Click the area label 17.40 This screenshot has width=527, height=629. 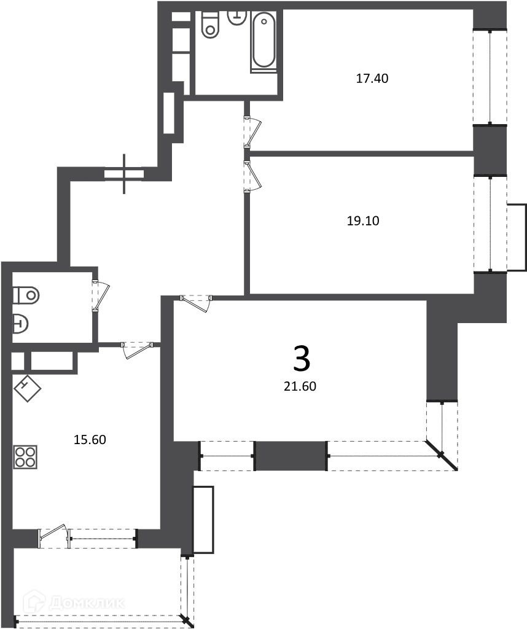[x=372, y=78]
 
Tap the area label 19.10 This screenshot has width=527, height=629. [x=363, y=221]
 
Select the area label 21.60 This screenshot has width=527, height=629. [x=300, y=386]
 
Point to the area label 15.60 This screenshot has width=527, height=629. [x=90, y=440]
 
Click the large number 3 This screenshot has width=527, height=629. [x=302, y=358]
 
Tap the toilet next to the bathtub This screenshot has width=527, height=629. [x=210, y=25]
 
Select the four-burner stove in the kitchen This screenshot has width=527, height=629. [x=25, y=457]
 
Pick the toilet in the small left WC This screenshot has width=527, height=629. [x=26, y=295]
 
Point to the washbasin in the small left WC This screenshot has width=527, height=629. [x=20, y=323]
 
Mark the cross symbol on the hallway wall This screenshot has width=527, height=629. [x=124, y=174]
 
